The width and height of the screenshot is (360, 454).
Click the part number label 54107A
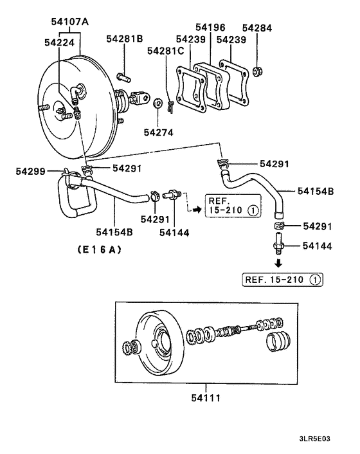69,22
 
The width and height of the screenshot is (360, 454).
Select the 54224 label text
60,42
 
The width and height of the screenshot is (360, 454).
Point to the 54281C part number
165,50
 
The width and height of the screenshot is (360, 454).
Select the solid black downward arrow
278,264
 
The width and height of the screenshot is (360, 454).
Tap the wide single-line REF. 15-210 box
283,280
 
